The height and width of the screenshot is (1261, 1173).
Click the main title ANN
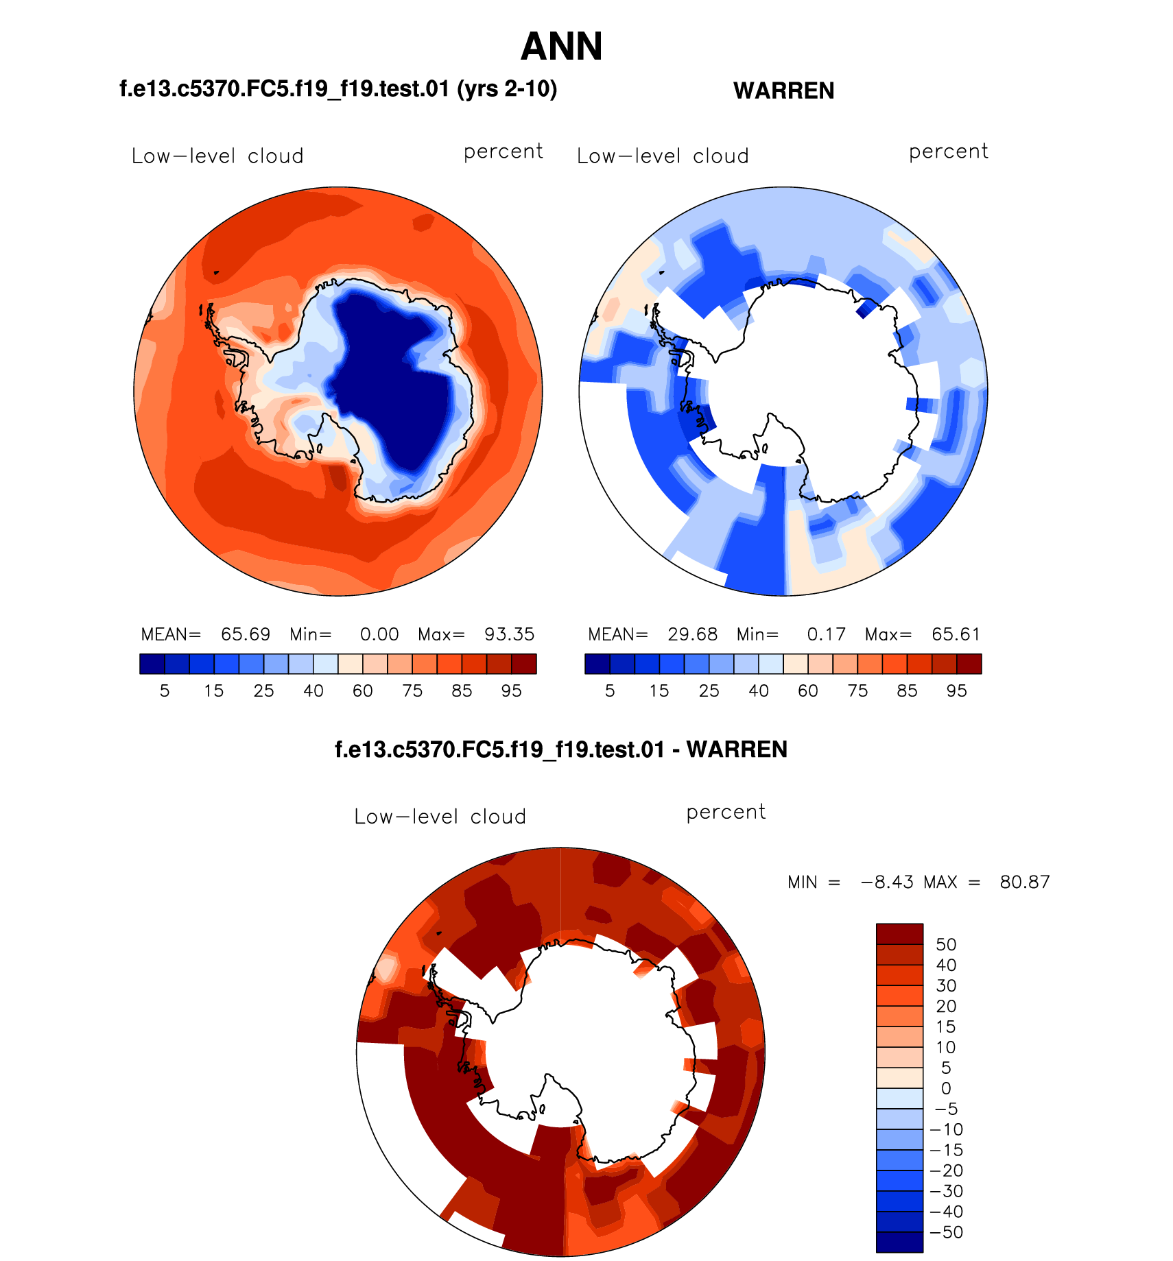tap(561, 47)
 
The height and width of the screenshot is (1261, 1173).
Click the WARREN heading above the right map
tap(783, 91)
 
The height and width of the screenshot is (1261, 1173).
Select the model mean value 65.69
tap(246, 634)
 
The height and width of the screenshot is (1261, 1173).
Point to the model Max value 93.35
tap(509, 634)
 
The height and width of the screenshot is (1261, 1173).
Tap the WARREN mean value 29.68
tap(692, 634)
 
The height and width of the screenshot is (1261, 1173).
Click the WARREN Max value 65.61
tap(956, 634)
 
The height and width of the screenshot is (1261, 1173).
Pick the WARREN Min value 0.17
tap(826, 634)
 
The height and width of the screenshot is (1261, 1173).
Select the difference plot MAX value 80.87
tap(1024, 882)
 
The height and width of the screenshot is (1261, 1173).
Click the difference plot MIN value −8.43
tap(887, 882)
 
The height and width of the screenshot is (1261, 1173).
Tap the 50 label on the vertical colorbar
tap(946, 944)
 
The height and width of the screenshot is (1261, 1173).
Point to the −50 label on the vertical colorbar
tap(946, 1232)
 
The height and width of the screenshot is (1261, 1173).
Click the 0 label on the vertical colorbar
tap(946, 1088)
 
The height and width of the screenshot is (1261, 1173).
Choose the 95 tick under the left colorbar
tap(511, 690)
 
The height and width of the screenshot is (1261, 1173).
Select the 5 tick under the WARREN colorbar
tap(610, 690)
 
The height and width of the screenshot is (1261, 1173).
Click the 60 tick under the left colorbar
tap(363, 690)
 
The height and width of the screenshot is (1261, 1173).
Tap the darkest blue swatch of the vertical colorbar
tap(899, 1242)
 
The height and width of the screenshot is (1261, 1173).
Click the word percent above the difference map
tap(726, 813)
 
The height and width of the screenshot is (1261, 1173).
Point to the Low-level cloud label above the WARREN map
tap(663, 156)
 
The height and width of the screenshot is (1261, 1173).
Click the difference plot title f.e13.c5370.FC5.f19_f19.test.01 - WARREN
tap(560, 749)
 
